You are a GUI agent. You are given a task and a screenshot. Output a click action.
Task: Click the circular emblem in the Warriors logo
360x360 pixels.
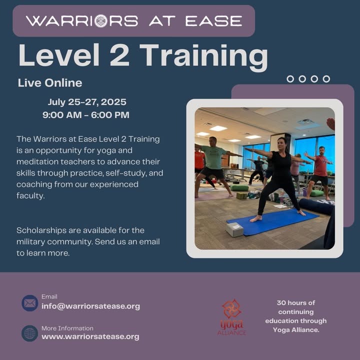pos(101,21)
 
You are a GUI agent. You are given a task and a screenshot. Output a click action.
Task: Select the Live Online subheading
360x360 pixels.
pos(50,83)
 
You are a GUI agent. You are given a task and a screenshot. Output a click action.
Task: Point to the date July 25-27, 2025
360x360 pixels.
pos(87,102)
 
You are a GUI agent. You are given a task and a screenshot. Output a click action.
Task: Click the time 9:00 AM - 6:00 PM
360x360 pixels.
pos(86,115)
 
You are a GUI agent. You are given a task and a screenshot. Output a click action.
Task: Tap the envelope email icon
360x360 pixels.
pos(30,303)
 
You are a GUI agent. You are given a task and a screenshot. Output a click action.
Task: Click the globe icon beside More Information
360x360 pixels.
pos(30,333)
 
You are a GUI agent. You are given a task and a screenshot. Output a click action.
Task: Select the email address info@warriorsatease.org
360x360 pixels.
pos(90,306)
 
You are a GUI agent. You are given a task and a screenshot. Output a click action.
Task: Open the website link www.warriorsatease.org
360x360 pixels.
pos(90,336)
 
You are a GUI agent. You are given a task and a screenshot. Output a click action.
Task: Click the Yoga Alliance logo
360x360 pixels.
pos(231,317)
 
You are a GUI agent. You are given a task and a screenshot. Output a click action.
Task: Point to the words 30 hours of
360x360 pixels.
pos(296,303)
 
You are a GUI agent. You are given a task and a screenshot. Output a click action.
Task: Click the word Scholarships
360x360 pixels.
pos(41,230)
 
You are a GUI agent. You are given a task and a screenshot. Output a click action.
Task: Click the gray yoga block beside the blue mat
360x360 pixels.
pos(234,229)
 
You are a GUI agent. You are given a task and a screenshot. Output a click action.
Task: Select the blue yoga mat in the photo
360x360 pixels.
pos(273,222)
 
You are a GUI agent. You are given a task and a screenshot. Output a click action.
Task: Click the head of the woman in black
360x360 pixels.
pos(282,144)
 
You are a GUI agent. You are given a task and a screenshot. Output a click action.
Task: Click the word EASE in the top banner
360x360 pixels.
pos(214,21)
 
